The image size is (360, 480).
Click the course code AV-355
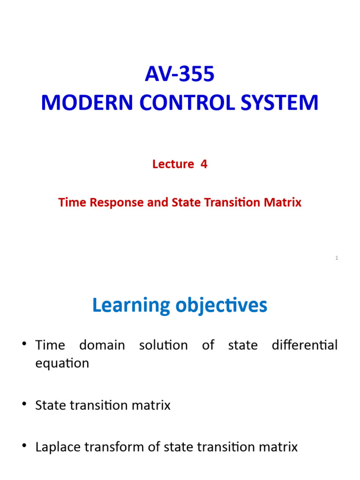point(180,75)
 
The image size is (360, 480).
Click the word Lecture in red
point(173,164)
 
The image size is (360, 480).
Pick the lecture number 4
point(204,164)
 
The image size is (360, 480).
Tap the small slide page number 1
point(337,258)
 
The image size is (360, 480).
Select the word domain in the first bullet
point(102,345)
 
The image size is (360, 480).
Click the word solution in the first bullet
point(163,345)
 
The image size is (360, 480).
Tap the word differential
point(304,345)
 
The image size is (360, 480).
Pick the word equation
point(62,363)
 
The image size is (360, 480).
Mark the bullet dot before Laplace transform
point(24,446)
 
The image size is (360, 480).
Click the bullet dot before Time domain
point(24,345)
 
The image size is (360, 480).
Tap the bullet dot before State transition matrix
point(24,404)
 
